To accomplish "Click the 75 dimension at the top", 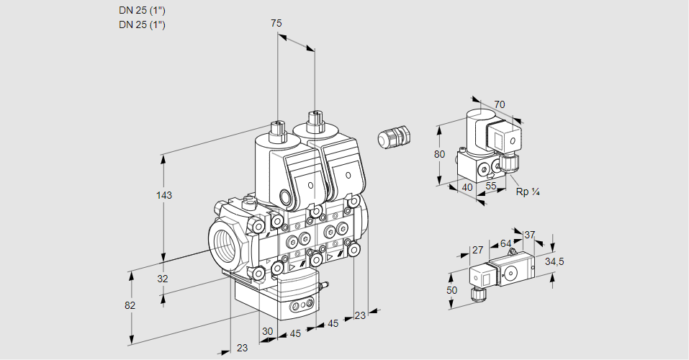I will coord(276,23).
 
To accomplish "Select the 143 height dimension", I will coord(164,195).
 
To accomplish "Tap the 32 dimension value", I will coord(163,279).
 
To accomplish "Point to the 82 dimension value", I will coord(130,305).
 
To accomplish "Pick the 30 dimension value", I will coord(267,331).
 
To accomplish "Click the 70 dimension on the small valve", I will coord(500,104).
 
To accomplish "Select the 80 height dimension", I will coord(440,154).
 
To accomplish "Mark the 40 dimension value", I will coord(467,187).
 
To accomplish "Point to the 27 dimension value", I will coord(477,251).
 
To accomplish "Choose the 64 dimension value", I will coord(505,243).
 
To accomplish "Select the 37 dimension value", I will coord(530,235).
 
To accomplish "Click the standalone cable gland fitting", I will coord(394,137).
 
